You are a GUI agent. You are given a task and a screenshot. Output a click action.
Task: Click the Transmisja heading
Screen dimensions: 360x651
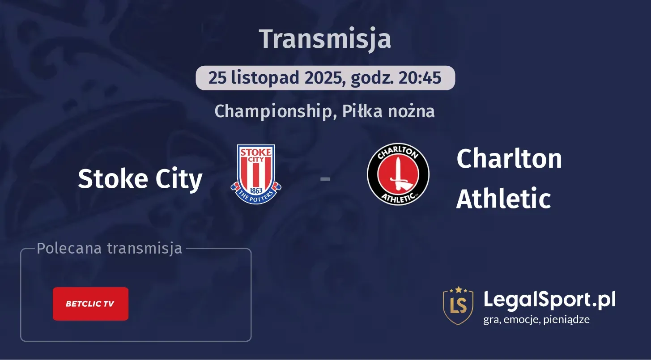pos(325,39)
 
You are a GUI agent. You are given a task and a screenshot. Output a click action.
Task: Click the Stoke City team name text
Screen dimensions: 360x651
pos(140,179)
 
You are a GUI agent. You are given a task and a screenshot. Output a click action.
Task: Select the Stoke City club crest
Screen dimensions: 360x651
pos(256,174)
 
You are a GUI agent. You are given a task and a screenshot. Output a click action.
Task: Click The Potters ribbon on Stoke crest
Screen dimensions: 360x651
pos(256,196)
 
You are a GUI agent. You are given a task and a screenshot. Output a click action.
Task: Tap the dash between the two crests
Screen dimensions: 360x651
pos(325,179)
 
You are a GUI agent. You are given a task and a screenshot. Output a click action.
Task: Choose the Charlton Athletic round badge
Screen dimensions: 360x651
pos(398,174)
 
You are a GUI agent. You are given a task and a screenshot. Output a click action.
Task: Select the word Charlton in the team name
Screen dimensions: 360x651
pos(509,159)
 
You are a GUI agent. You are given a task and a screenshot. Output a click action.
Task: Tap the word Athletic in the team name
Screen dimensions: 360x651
pos(503,199)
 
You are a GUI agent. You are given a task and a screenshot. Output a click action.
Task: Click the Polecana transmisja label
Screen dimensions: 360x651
pos(110,248)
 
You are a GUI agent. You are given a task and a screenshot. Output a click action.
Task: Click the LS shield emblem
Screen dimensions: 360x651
pos(458,305)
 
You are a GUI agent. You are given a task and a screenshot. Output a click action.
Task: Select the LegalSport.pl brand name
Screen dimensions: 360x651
pos(549,299)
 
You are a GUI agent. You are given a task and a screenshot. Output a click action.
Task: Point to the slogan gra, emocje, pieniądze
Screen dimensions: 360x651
pos(536,319)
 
